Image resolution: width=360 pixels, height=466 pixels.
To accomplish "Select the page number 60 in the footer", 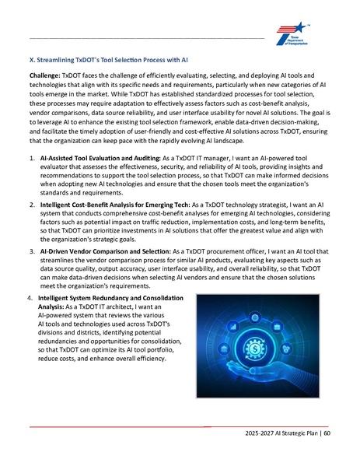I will point(327,433).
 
